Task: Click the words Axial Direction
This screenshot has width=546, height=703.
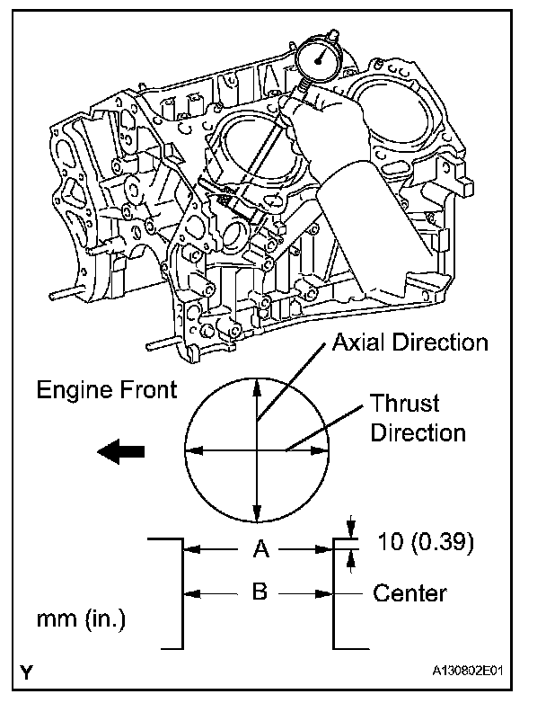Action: coord(409,343)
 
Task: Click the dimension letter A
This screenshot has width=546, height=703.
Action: coord(259,549)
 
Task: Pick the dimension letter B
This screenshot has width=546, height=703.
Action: coord(259,592)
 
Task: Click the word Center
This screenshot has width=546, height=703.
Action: coord(409,592)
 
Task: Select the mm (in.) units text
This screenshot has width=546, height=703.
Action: coord(82,619)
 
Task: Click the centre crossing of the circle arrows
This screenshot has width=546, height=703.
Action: coord(259,449)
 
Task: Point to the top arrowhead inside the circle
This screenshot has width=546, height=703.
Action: coord(259,383)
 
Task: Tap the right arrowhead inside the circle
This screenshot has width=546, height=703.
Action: coord(324,449)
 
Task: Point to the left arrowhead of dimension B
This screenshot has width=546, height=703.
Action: coord(190,593)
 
